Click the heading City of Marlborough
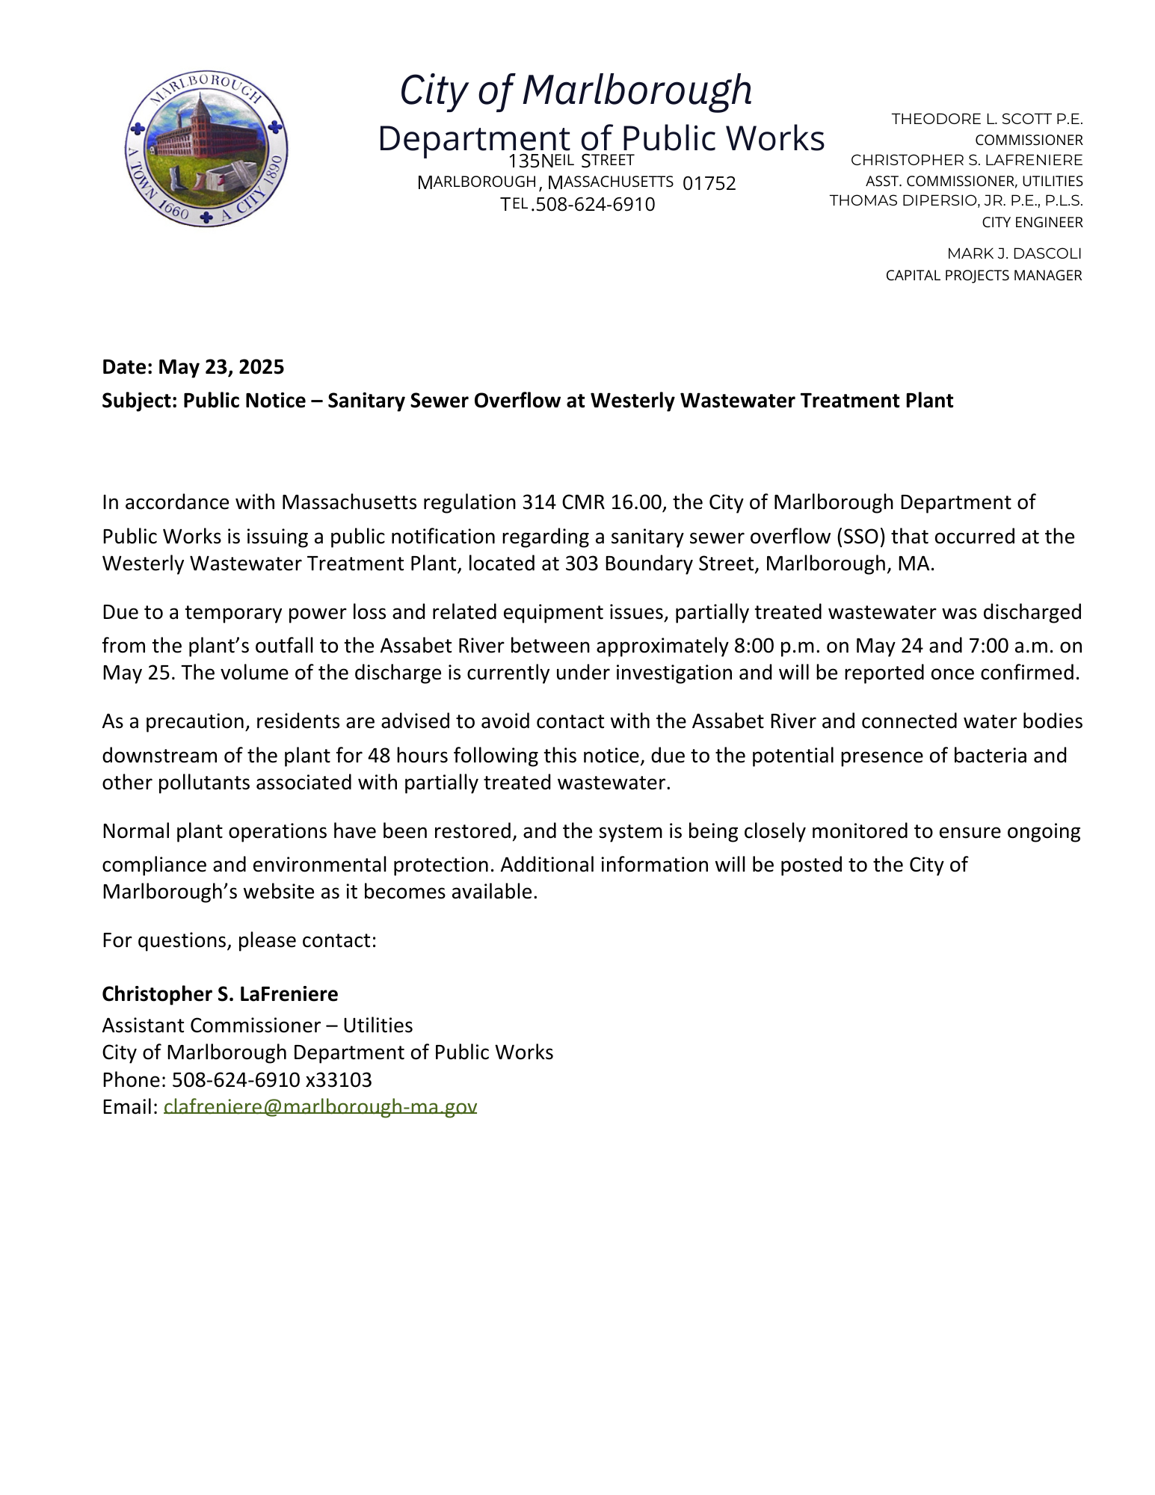(576, 90)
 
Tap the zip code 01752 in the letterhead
(709, 183)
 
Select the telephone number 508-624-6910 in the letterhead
(595, 205)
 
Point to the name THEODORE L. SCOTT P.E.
(987, 119)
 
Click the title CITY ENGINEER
(1032, 222)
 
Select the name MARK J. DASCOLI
(1014, 253)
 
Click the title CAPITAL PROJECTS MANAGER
(983, 275)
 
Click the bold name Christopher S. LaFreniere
(220, 993)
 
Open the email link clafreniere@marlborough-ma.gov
(320, 1106)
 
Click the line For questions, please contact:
(239, 940)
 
